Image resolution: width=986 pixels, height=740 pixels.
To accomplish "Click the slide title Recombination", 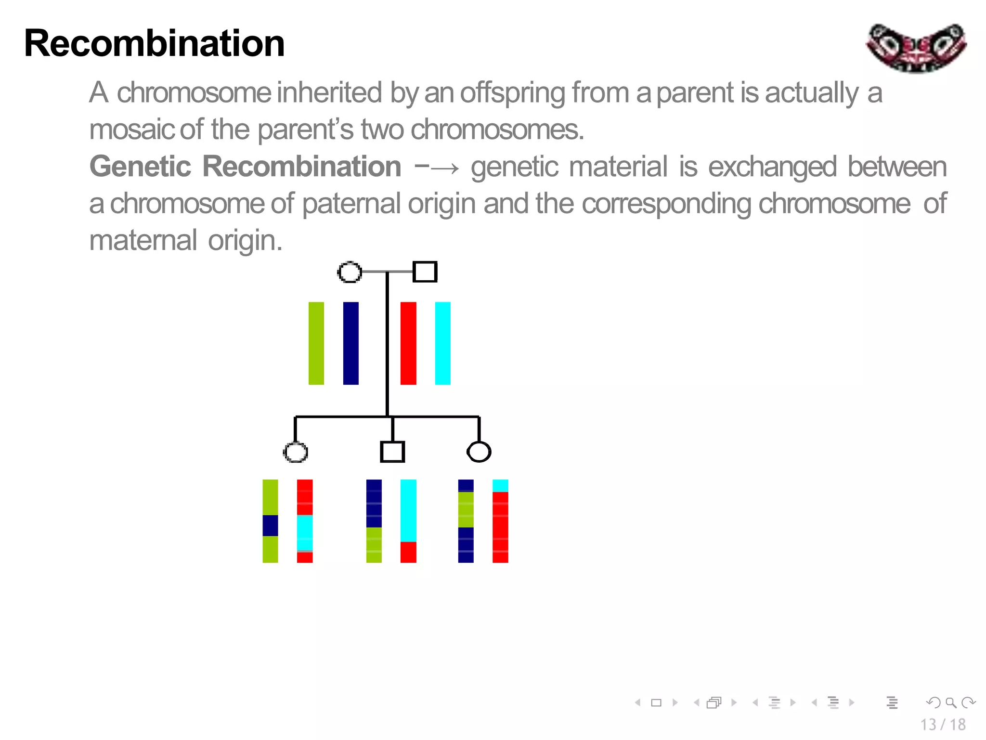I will [154, 43].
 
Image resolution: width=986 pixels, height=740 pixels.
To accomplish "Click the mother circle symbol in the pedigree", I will [350, 272].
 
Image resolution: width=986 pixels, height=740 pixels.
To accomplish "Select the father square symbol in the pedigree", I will [425, 272].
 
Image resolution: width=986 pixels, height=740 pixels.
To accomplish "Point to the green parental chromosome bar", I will [316, 343].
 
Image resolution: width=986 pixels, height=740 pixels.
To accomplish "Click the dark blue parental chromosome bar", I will [350, 343].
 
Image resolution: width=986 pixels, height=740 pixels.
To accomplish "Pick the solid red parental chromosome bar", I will [408, 343].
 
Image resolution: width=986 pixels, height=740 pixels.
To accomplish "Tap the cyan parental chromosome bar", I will [442, 343].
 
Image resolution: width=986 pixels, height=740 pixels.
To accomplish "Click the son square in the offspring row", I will [392, 452].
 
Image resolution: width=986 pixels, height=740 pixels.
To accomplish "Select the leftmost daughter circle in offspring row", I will [295, 452].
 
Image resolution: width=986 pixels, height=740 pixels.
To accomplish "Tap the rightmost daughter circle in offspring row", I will [479, 452].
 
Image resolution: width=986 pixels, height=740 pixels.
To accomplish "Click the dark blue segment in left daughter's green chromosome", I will [270, 525].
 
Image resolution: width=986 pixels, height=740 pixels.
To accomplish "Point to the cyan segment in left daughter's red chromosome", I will [305, 532].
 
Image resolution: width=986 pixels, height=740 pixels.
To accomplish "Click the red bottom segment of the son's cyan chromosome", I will [408, 552].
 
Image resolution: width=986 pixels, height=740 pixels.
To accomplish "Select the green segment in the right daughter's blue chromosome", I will [466, 509].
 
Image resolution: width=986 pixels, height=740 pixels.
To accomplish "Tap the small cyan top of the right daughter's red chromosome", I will [500, 485].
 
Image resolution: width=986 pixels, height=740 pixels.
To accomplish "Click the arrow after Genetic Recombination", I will [436, 168].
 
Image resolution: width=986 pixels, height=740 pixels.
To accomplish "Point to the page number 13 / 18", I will [943, 724].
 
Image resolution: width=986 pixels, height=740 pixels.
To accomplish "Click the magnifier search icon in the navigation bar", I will [950, 702].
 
